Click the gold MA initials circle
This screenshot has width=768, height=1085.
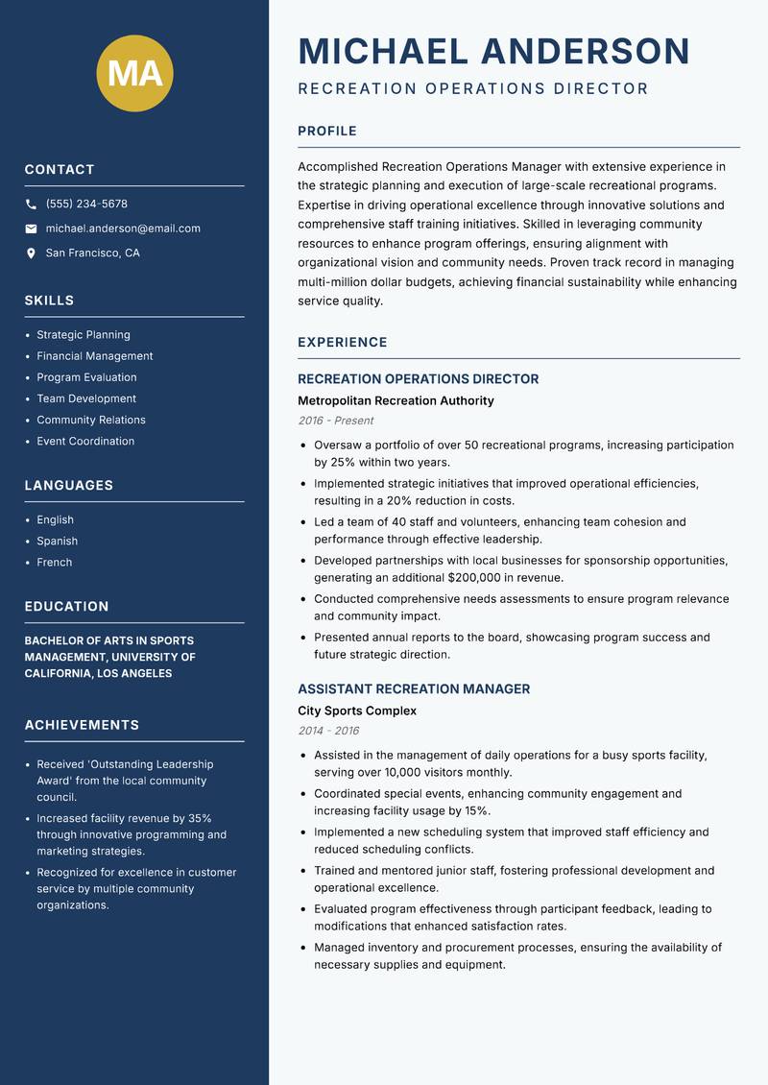135,73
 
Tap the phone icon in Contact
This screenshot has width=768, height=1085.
31,205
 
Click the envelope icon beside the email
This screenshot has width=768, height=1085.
31,229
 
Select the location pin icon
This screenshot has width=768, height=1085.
31,253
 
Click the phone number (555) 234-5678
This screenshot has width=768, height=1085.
86,205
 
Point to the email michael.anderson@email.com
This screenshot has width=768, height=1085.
123,229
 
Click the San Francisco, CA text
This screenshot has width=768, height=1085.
92,253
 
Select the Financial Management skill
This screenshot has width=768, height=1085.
94,356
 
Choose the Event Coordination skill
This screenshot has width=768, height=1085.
85,442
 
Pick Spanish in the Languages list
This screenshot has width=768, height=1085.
58,542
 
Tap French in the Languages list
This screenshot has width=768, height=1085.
55,563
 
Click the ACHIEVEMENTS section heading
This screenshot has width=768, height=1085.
82,725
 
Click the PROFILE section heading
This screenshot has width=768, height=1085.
326,132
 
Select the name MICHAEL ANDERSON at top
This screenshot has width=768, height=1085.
493,51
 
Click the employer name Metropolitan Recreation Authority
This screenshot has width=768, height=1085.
396,400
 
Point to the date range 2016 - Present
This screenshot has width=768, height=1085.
335,421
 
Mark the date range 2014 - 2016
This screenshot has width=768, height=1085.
328,731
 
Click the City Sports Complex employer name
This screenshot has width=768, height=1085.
357,711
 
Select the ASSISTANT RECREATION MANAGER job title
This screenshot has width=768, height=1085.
414,689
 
